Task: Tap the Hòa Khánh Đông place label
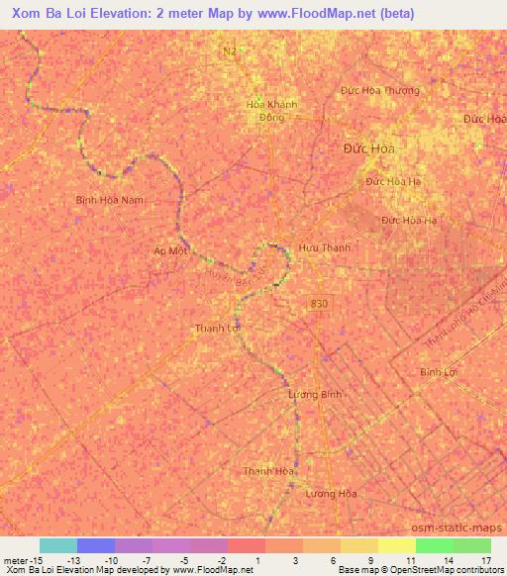271,111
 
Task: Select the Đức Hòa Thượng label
380,90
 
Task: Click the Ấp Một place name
170,251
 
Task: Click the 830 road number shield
318,303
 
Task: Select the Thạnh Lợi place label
217,328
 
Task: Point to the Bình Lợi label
437,372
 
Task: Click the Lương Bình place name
314,394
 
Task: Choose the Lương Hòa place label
331,493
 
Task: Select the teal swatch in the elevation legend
58,545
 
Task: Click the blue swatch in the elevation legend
96,545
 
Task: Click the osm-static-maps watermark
466,528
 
